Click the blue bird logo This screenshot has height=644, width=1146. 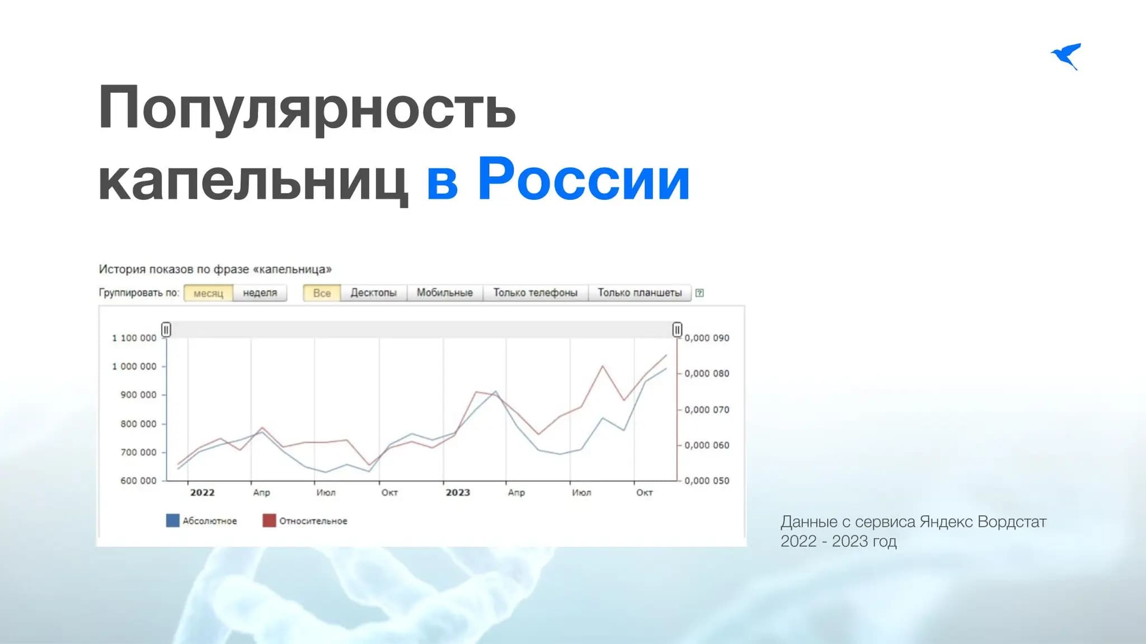[x=1067, y=57]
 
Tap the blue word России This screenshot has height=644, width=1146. [x=584, y=179]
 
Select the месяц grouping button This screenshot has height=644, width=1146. [x=208, y=293]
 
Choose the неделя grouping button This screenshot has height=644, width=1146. [x=260, y=293]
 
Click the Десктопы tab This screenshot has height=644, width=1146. [x=373, y=293]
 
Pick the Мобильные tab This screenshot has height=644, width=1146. [x=445, y=293]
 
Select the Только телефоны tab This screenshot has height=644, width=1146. [x=536, y=293]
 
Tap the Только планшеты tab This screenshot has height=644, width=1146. [x=640, y=293]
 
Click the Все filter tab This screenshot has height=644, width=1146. [x=322, y=293]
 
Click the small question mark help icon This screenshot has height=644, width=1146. [x=699, y=293]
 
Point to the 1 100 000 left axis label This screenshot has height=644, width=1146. [x=134, y=338]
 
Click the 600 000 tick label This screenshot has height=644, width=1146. [x=138, y=481]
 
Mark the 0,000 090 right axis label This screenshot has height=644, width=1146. [x=707, y=338]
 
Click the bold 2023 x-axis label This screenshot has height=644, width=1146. [x=458, y=492]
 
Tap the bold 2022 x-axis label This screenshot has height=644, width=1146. [x=203, y=492]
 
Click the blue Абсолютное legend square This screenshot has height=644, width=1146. [x=173, y=521]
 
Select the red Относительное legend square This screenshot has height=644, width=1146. [x=269, y=521]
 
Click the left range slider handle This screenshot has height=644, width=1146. [x=166, y=330]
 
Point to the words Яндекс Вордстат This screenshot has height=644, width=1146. [x=983, y=522]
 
